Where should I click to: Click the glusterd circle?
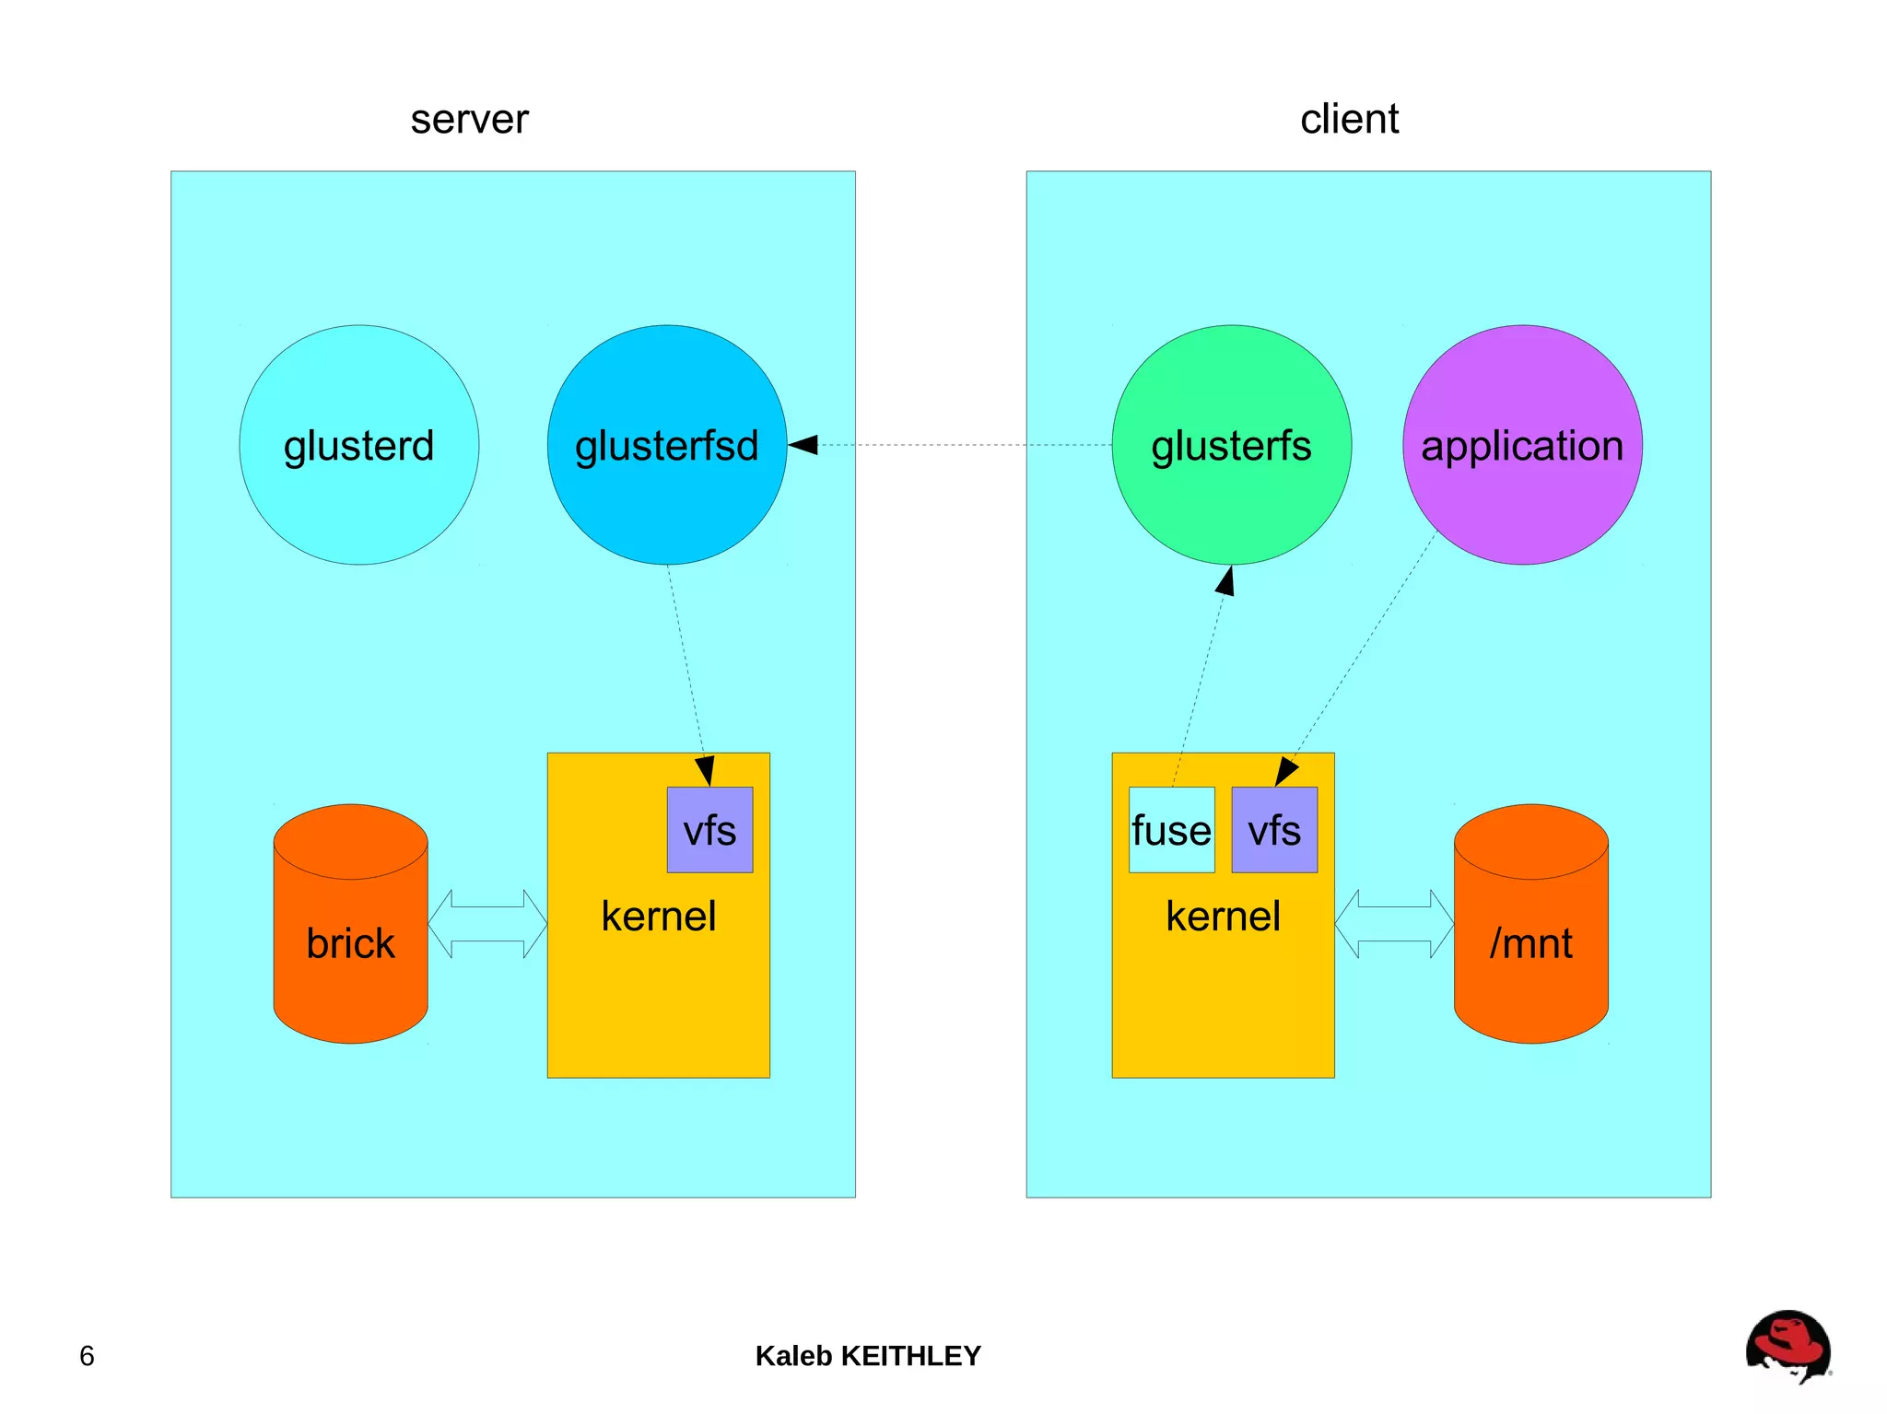pyautogui.click(x=358, y=445)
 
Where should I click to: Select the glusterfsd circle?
pyautogui.click(x=666, y=445)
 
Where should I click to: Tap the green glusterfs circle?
pyautogui.click(x=1231, y=445)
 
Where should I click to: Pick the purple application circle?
pyautogui.click(x=1522, y=445)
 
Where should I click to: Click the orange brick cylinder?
pyautogui.click(x=350, y=941)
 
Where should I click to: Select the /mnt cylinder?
pyautogui.click(x=1530, y=941)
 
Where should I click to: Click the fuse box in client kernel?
pyautogui.click(x=1171, y=830)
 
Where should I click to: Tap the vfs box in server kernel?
pyautogui.click(x=709, y=830)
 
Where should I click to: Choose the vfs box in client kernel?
pyautogui.click(x=1274, y=830)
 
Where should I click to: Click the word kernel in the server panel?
pyautogui.click(x=658, y=917)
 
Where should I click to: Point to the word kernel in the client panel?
pyautogui.click(x=1223, y=917)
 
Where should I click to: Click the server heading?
pyautogui.click(x=469, y=119)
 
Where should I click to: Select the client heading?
pyautogui.click(x=1349, y=119)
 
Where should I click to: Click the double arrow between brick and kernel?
pyautogui.click(x=487, y=924)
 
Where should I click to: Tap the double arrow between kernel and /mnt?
pyautogui.click(x=1394, y=924)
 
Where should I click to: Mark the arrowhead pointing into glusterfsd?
pyautogui.click(x=804, y=445)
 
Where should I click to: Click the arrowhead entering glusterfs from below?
pyautogui.click(x=1225, y=582)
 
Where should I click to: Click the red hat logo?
pyautogui.click(x=1787, y=1346)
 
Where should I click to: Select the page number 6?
pyautogui.click(x=87, y=1356)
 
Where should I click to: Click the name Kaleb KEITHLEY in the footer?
pyautogui.click(x=868, y=1356)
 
